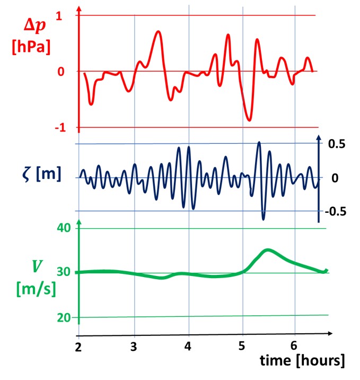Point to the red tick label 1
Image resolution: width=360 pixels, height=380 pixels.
(x=58, y=16)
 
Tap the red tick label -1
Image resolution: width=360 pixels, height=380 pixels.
(x=57, y=128)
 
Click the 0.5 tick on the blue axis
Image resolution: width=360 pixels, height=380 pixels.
(x=337, y=144)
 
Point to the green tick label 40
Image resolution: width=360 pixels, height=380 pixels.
(x=63, y=229)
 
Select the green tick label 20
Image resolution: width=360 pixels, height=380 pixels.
(x=63, y=317)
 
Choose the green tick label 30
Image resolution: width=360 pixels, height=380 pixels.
(x=63, y=273)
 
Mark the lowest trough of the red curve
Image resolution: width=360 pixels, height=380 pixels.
(x=249, y=120)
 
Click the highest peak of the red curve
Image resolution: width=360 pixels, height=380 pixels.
(x=158, y=32)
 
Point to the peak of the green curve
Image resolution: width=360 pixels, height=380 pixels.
(x=268, y=249)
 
